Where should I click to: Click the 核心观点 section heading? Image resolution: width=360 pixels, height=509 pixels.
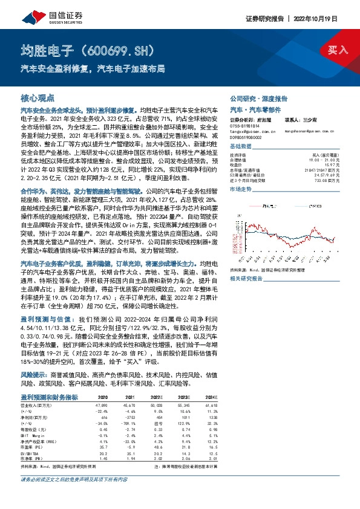(38, 97)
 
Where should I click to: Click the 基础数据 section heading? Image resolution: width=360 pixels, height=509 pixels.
(241, 148)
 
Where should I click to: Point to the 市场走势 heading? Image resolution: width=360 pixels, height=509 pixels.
(241, 190)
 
